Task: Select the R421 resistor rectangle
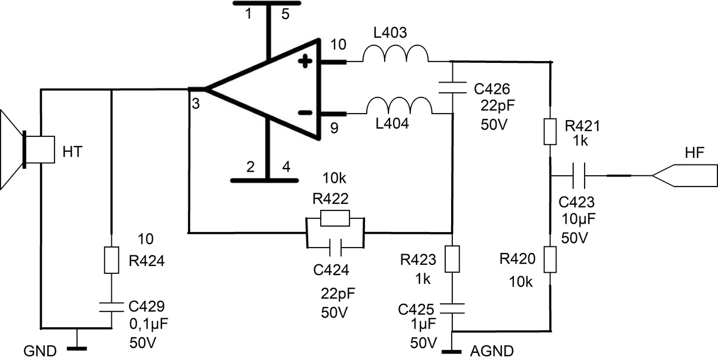[x=550, y=132]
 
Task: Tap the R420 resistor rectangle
[x=550, y=261]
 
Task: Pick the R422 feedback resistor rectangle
[x=335, y=218]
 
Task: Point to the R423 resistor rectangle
[x=452, y=258]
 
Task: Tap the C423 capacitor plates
[x=579, y=176]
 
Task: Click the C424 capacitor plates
[x=335, y=245]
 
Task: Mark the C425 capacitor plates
[x=452, y=308]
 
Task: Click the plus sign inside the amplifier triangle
[x=306, y=60]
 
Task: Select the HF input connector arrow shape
[x=682, y=176]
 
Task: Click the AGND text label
[x=492, y=350]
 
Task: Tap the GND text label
[x=40, y=350]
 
